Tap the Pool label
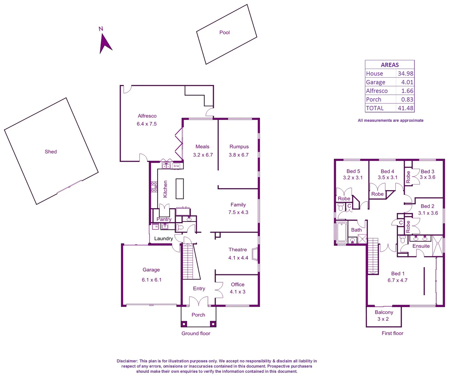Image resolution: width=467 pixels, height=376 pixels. coord(224,32)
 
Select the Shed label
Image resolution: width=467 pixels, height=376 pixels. coord(50,151)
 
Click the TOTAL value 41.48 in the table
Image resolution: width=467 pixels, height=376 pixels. coord(405,108)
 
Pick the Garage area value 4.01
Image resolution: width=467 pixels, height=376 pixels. coord(407,82)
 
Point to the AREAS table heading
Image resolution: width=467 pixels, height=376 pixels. coord(389,65)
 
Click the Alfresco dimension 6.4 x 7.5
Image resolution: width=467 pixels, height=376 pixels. coord(146,124)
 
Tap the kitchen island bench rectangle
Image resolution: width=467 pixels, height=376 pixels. coord(179,188)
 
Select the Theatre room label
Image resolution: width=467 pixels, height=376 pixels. coord(237,250)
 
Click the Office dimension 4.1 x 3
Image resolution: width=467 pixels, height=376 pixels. coord(237,292)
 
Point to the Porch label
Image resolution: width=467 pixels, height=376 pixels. coord(198,315)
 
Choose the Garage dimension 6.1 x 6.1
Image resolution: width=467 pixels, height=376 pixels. coord(151,280)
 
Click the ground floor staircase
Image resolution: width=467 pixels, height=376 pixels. coord(188,261)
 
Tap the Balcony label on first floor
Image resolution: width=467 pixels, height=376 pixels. coord(384,312)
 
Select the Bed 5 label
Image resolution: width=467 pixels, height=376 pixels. coord(353,171)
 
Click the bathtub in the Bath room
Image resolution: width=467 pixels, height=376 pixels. coord(341,232)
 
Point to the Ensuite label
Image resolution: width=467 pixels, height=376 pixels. coord(421,246)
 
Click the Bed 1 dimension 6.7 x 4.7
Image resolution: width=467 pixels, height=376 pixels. coord(397,280)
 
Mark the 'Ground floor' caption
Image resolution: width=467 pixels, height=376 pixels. coord(196,333)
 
